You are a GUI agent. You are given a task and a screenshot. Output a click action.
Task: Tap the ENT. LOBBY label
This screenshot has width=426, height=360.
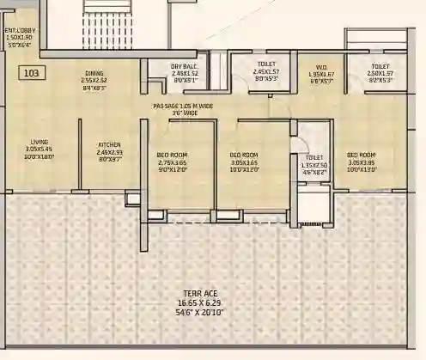tap(19, 32)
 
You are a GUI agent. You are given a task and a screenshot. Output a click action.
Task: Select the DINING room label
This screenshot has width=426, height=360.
tap(94, 74)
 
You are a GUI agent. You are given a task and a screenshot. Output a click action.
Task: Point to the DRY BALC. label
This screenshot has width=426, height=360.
tap(185, 66)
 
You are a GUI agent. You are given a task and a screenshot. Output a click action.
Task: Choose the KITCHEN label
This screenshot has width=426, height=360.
tap(109, 144)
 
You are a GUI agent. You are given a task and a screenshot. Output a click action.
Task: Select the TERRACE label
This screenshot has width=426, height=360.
tap(198, 294)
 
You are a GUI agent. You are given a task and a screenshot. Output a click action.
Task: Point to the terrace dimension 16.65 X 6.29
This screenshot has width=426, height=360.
tap(198, 302)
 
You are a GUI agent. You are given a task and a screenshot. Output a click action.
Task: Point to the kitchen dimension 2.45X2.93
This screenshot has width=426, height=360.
tap(109, 152)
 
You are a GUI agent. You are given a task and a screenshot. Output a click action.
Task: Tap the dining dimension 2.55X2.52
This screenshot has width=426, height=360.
tap(94, 81)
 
